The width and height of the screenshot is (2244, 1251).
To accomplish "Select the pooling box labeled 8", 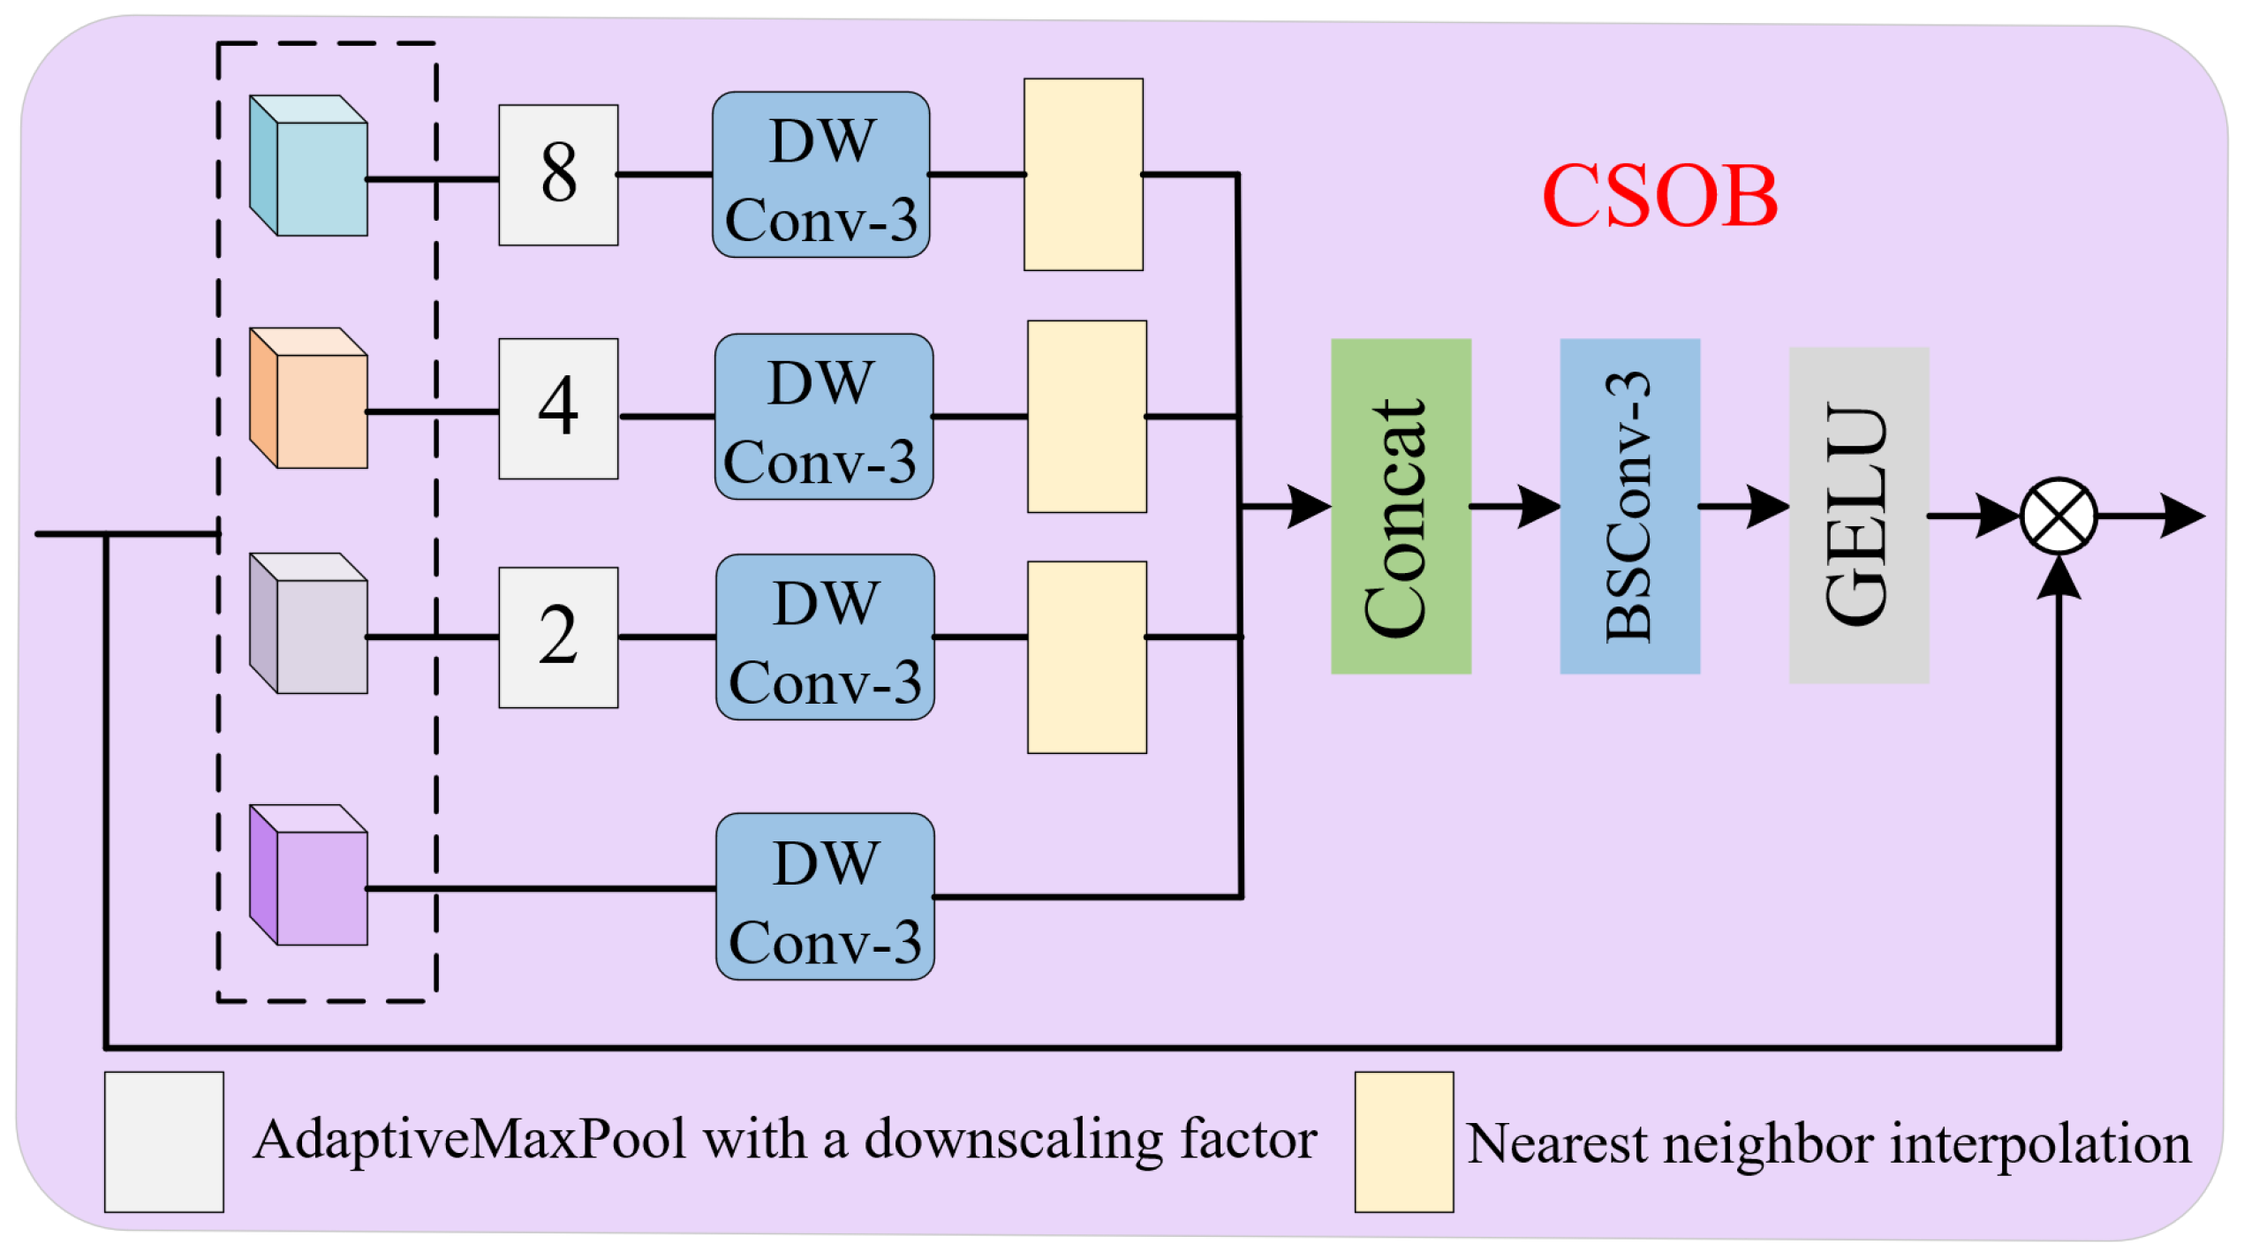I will (558, 175).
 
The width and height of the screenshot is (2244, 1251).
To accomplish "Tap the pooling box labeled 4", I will (558, 409).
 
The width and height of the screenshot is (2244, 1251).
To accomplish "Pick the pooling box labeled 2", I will (558, 637).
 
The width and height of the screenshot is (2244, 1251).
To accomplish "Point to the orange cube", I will (310, 399).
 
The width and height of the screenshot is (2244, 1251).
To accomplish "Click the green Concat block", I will (1401, 507).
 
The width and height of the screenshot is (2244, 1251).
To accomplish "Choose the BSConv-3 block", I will (1629, 507).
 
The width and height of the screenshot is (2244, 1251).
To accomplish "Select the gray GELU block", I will (1858, 516).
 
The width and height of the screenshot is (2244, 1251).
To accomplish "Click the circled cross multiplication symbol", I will (2058, 516).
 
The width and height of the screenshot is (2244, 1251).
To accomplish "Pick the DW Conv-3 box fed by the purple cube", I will (825, 897).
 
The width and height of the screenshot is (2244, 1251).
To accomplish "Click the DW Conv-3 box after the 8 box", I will (820, 175).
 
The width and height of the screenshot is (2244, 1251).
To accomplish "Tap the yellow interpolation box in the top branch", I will (1083, 175).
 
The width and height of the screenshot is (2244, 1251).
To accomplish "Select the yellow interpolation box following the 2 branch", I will (1086, 658).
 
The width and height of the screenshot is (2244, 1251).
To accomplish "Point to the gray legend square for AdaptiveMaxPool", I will (164, 1142).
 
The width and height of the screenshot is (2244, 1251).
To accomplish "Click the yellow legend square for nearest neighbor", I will (1403, 1142).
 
